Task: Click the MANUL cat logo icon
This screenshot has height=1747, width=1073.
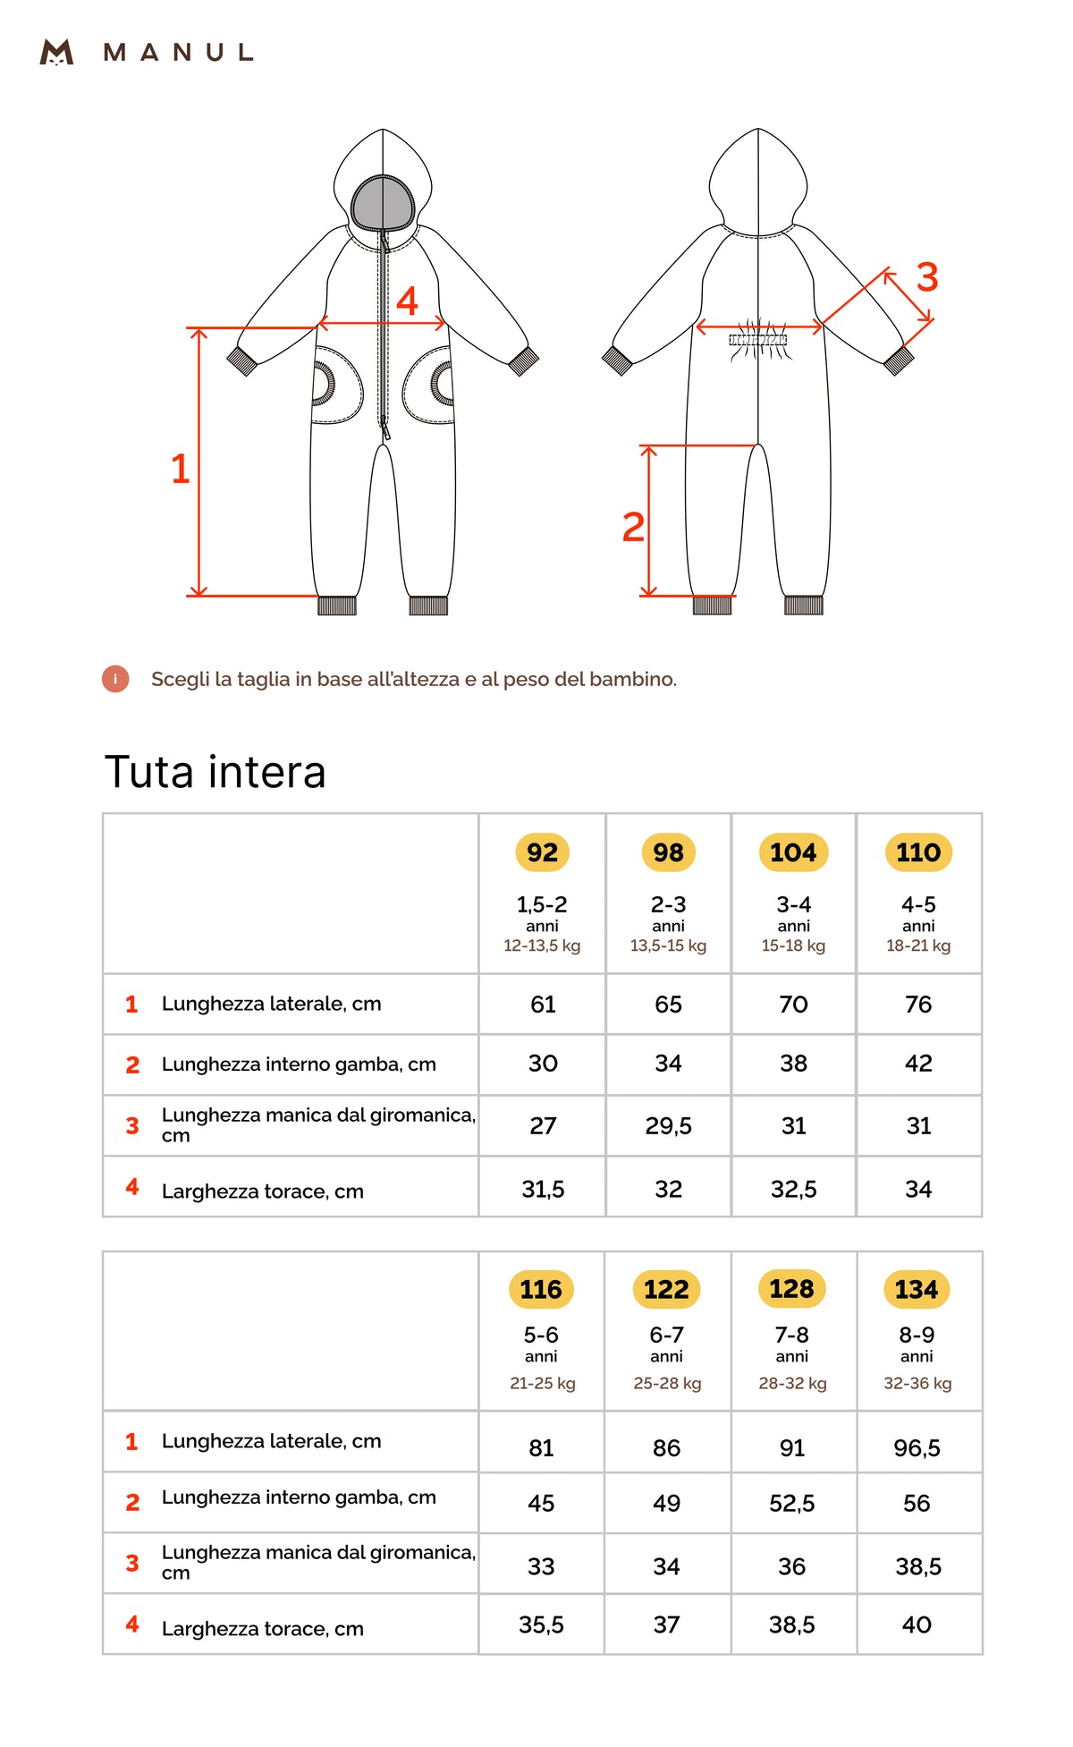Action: [x=56, y=52]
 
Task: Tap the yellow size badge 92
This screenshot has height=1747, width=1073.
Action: [x=542, y=852]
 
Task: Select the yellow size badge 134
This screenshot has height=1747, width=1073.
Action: [x=917, y=1289]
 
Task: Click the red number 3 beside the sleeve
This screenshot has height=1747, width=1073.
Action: [x=927, y=277]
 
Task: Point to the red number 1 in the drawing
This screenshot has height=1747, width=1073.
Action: [x=181, y=469]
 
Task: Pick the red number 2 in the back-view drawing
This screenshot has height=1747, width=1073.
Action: [x=633, y=527]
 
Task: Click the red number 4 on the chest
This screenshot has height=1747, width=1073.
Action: [x=407, y=301]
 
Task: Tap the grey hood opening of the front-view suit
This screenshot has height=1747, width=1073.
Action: [x=383, y=203]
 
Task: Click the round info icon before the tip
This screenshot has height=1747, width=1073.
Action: [x=115, y=679]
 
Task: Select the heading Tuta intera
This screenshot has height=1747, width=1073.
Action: [x=215, y=771]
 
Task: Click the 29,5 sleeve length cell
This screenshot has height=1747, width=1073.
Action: [x=668, y=1125]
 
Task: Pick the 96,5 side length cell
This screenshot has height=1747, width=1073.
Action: [x=917, y=1447]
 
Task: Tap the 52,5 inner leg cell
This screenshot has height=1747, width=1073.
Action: [x=791, y=1503]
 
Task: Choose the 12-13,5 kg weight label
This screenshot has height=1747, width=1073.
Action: [x=542, y=946]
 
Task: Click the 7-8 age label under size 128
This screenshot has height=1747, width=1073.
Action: [x=791, y=1335]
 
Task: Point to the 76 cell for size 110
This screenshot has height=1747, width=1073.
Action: [x=918, y=1004]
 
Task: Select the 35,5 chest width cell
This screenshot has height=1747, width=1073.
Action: [x=541, y=1624]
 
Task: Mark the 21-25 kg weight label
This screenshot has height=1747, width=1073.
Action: [x=542, y=1383]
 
